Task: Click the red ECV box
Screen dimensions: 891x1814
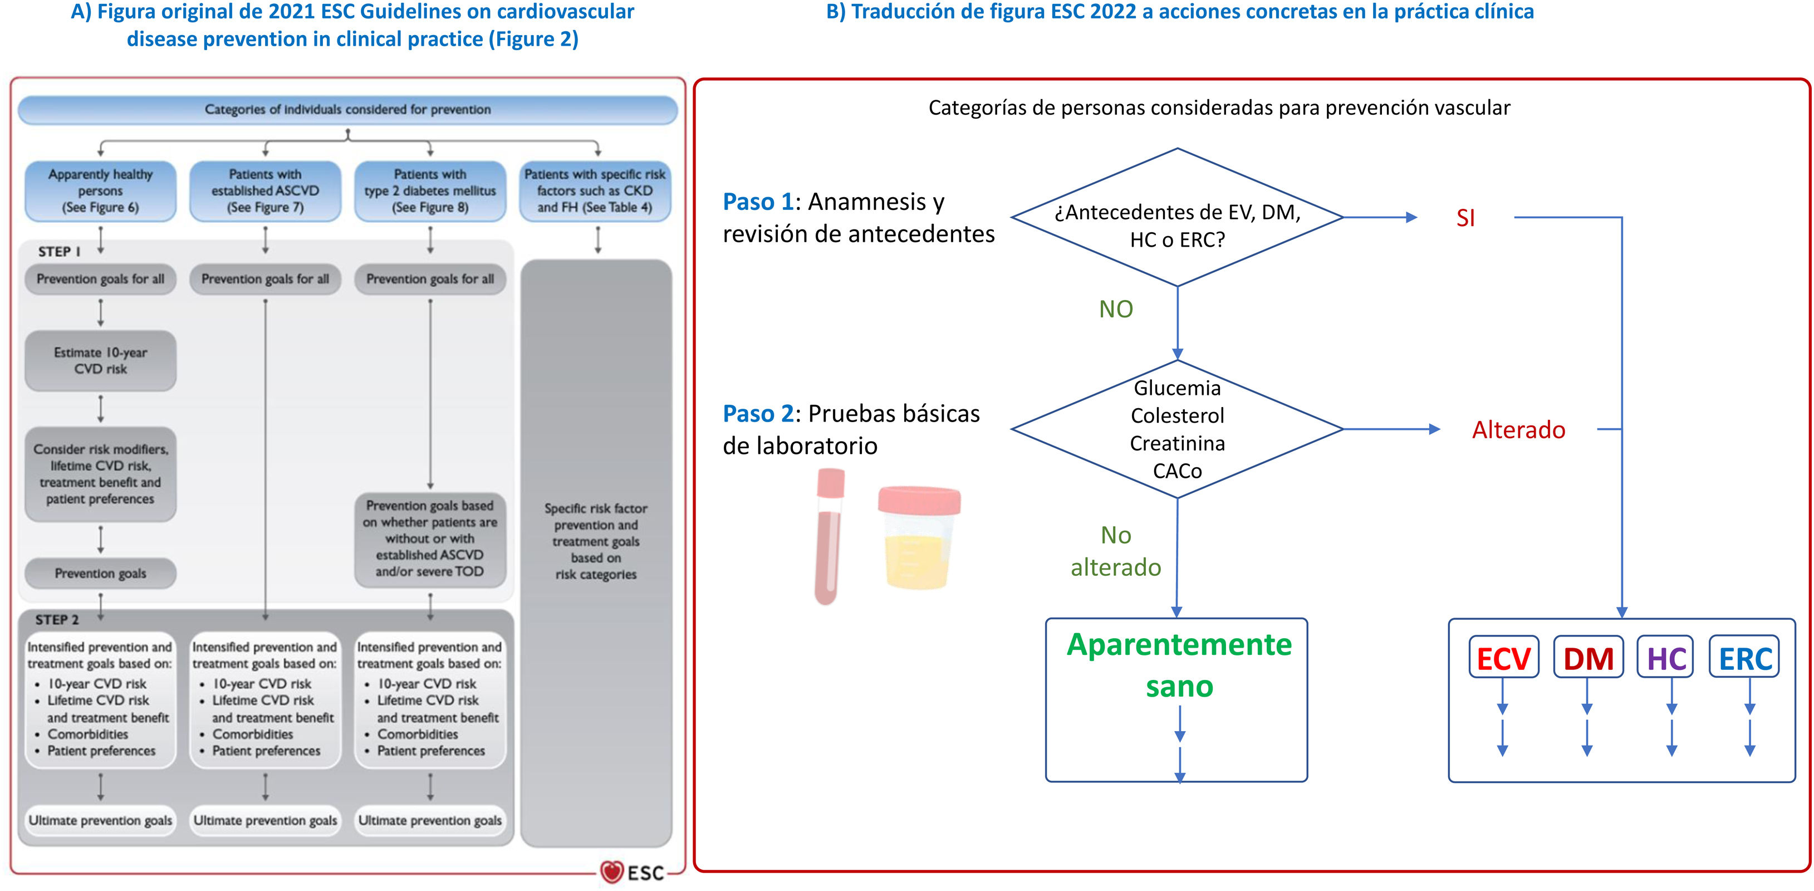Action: pyautogui.click(x=1503, y=658)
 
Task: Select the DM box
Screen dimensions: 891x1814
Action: pyautogui.click(x=1588, y=658)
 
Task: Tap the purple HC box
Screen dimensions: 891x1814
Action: pyautogui.click(x=1665, y=658)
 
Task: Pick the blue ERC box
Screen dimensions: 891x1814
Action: pyautogui.click(x=1745, y=658)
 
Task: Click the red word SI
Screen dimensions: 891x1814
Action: pyautogui.click(x=1465, y=218)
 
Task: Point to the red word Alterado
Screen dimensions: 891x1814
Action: pyautogui.click(x=1518, y=430)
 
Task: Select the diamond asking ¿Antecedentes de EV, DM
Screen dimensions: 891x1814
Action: pyautogui.click(x=1176, y=218)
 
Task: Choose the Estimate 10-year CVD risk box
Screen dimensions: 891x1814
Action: pyautogui.click(x=101, y=361)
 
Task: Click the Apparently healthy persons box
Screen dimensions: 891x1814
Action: pyautogui.click(x=101, y=191)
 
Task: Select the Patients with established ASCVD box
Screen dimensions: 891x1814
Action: pyautogui.click(x=265, y=191)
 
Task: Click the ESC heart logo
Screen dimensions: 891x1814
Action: pyautogui.click(x=612, y=872)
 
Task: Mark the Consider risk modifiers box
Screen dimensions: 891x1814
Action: pyautogui.click(x=101, y=474)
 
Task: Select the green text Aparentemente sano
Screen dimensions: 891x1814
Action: pyautogui.click(x=1179, y=665)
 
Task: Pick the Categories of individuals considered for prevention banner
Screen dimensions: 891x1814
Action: pyautogui.click(x=347, y=110)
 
